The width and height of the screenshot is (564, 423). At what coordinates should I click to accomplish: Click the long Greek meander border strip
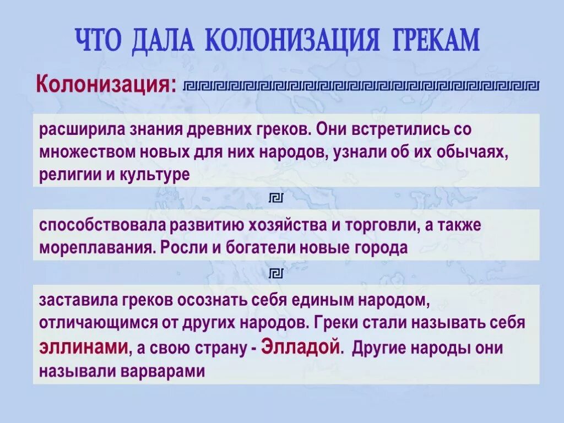click(x=361, y=85)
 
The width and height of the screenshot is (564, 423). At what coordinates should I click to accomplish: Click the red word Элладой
click(x=298, y=348)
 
